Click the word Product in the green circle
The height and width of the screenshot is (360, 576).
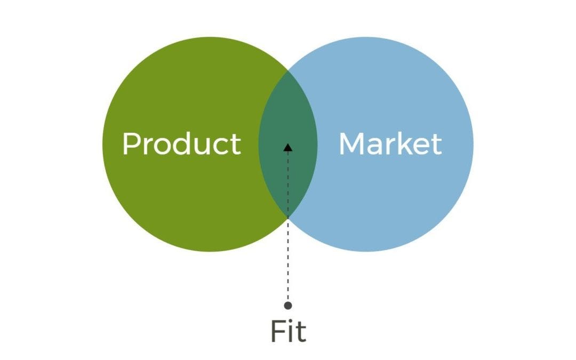181,143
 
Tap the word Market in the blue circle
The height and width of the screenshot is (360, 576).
390,143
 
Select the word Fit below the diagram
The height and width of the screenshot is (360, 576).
288,331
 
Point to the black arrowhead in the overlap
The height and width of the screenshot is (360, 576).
288,147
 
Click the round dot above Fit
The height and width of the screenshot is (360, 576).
288,306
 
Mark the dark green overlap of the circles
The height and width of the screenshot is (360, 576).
288,123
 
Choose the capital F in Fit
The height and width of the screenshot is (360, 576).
277,331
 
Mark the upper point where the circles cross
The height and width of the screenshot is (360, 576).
288,69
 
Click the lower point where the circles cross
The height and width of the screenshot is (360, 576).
288,218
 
